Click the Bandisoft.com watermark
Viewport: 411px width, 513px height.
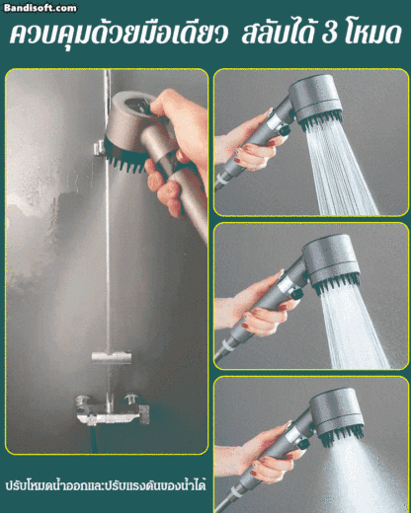(x=41, y=8)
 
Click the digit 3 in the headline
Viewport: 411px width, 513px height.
(x=331, y=34)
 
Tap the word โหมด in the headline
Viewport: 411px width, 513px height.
(x=373, y=34)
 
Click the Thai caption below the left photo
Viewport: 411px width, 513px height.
(x=106, y=485)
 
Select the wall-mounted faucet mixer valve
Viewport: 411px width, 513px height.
(x=112, y=409)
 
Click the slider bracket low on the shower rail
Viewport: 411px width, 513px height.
(x=112, y=357)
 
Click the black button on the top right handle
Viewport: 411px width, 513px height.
(x=284, y=131)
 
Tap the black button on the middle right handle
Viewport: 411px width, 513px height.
(x=296, y=293)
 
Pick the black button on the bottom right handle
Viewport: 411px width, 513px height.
(x=303, y=445)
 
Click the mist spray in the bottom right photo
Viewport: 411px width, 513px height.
(x=359, y=476)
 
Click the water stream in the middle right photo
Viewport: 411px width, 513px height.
(x=354, y=329)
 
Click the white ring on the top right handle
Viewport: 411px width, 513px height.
(x=222, y=181)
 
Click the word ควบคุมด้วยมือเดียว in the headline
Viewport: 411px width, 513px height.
(x=119, y=34)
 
